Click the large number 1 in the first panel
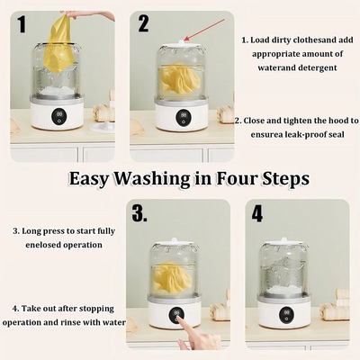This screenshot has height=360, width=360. click(22, 24)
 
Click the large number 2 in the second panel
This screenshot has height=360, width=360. click(143, 23)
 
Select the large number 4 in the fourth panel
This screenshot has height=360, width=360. click(257, 213)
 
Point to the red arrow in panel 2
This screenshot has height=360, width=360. click(204, 30)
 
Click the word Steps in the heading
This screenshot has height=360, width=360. click(285, 179)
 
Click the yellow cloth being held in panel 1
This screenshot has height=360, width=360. click(59, 43)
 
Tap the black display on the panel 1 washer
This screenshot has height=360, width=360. click(59, 117)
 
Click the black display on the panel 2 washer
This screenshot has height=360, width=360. click(182, 117)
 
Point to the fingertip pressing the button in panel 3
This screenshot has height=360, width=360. click(179, 318)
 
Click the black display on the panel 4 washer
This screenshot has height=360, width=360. click(286, 314)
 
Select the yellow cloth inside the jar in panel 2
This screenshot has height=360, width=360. click(179, 78)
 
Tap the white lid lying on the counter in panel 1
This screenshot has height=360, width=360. click(102, 127)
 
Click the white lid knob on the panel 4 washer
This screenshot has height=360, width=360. click(283, 239)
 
